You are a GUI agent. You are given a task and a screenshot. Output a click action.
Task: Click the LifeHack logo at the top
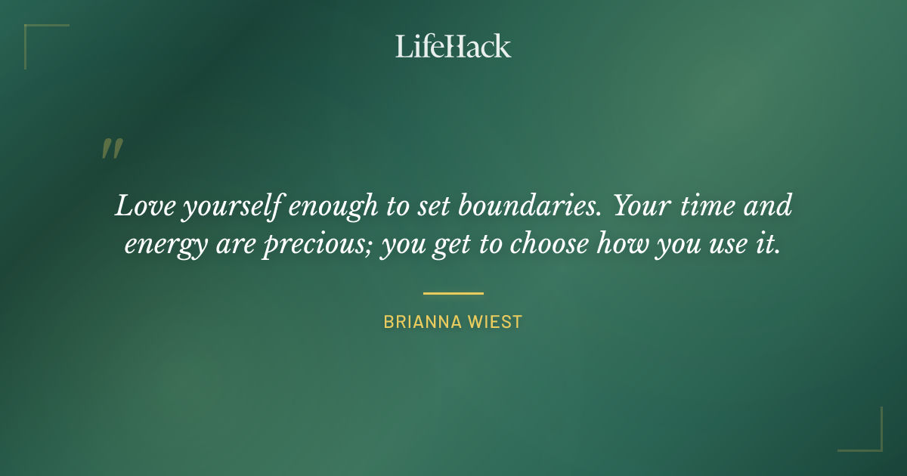pyautogui.click(x=453, y=46)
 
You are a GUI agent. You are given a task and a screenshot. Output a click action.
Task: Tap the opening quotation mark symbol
pyautogui.click(x=112, y=149)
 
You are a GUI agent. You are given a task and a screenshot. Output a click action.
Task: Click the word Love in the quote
pyautogui.click(x=144, y=206)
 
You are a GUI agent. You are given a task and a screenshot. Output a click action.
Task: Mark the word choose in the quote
pyautogui.click(x=549, y=246)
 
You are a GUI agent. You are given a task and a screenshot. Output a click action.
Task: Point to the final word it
pyautogui.click(x=768, y=246)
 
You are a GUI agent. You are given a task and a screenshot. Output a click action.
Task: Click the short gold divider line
pyautogui.click(x=453, y=293)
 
